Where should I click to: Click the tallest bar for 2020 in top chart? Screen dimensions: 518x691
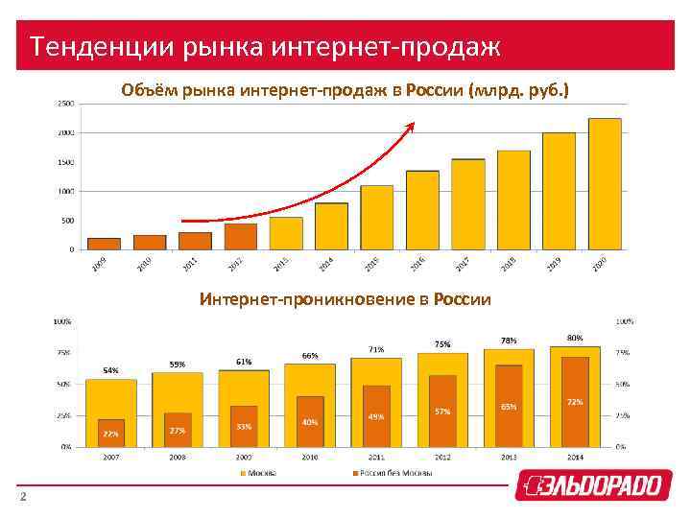pos(605,183)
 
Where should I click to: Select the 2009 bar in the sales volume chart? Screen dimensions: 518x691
pos(104,244)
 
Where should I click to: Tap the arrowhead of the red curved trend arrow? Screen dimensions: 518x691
pos(413,125)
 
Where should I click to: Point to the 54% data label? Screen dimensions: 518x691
pos(111,370)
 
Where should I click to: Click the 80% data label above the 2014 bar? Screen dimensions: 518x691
pos(575,338)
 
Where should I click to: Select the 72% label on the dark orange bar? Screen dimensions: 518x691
pos(575,401)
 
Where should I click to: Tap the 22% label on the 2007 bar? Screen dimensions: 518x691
pos(111,434)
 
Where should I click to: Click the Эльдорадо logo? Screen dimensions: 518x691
pos(589,485)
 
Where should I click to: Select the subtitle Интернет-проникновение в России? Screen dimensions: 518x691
pos(345,300)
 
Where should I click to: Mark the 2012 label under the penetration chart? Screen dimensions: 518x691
pos(442,458)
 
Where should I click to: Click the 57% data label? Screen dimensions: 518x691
pos(442,412)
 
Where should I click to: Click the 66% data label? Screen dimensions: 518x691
pos(310,356)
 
